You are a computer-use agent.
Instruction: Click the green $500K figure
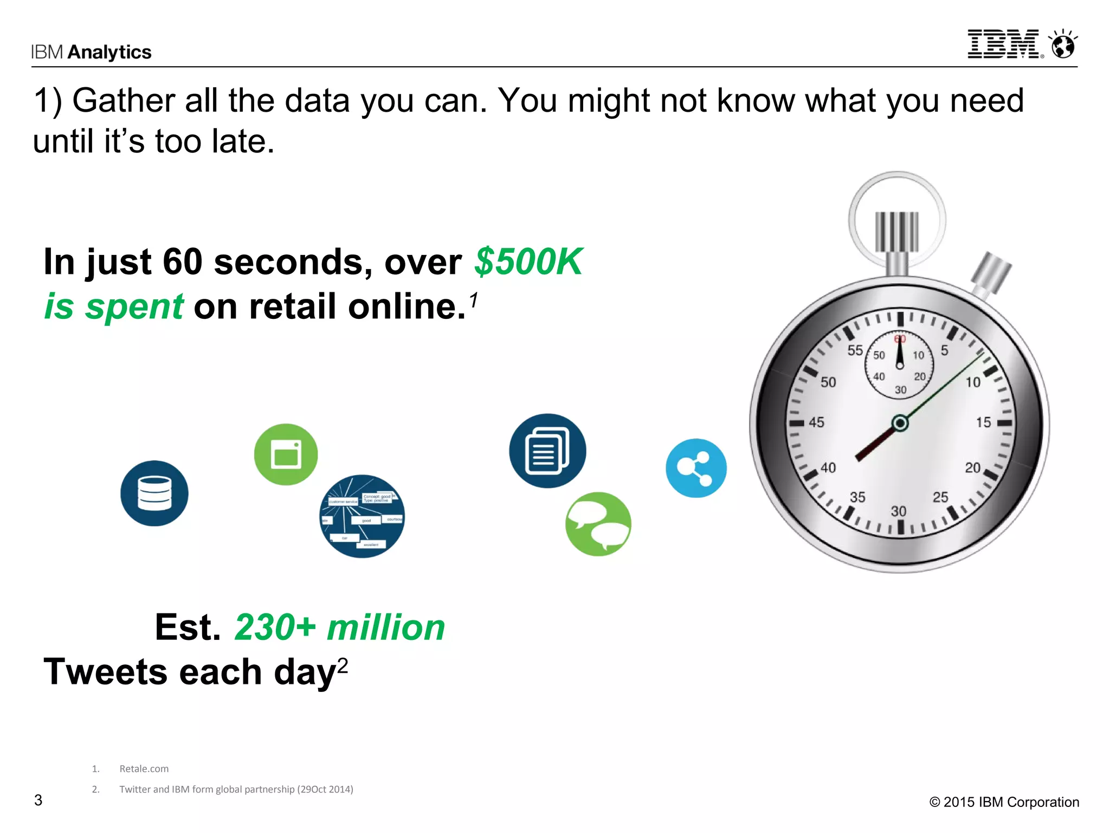coord(528,262)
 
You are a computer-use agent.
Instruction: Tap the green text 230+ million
coord(340,627)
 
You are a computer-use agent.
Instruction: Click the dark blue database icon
coord(154,493)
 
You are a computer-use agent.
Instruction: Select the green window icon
coord(286,454)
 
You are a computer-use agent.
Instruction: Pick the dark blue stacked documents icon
coord(547,451)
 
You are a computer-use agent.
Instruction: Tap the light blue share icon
coord(696,468)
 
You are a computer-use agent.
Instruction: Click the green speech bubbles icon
coord(598,524)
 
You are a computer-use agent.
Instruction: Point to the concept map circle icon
coord(362,516)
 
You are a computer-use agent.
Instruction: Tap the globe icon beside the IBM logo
coord(1063,45)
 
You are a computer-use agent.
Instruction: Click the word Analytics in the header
coord(109,52)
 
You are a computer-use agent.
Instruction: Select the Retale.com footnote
coord(144,768)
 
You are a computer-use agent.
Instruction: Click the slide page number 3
coord(38,800)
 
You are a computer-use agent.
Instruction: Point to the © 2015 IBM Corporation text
coord(1004,802)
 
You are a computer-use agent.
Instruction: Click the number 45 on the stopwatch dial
coord(816,422)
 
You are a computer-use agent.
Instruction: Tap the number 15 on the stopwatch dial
coord(983,422)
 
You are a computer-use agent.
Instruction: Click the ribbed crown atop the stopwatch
coord(897,232)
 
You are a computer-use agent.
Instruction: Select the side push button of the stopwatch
coord(991,272)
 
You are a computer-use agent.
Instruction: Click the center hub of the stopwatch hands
coord(900,423)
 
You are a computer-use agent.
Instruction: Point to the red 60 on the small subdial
coord(900,339)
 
